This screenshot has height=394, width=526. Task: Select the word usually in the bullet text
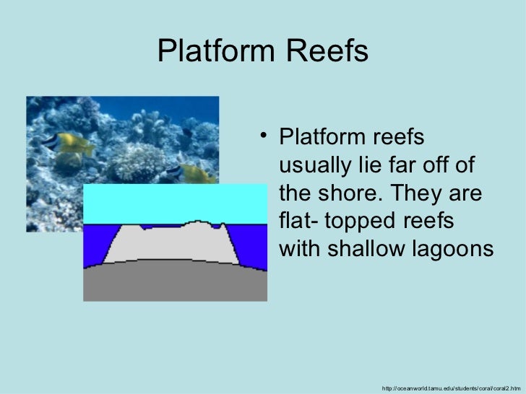coord(319,165)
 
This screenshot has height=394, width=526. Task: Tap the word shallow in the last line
coord(371,248)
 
